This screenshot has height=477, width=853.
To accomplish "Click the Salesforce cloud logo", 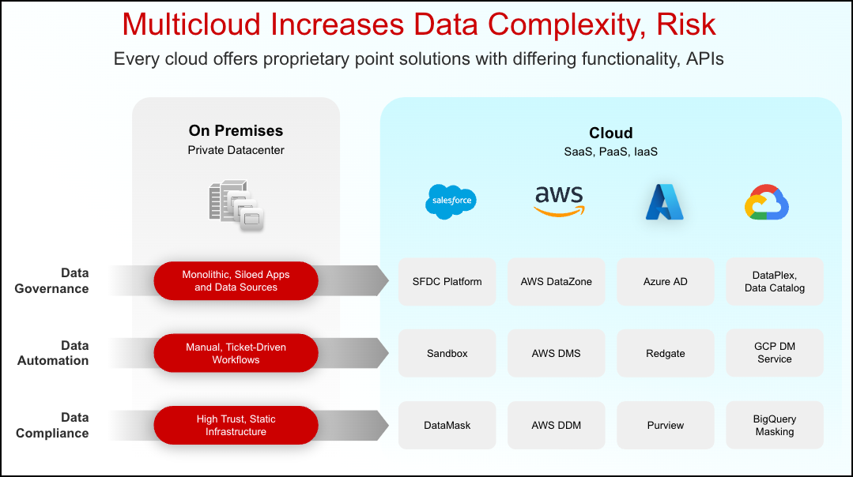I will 451,201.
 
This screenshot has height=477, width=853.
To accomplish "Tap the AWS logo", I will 558,201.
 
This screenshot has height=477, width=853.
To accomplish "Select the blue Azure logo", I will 664,202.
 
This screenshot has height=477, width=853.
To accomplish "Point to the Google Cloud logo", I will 767,202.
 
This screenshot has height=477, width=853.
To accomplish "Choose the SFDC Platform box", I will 447,282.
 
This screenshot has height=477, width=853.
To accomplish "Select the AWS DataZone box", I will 557,282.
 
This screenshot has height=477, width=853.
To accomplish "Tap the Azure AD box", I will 666,282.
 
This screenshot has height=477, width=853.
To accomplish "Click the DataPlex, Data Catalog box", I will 775,282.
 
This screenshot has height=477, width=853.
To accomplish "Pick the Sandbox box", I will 447,353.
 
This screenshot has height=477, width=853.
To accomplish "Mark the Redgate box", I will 666,353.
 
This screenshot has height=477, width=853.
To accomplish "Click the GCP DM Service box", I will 775,353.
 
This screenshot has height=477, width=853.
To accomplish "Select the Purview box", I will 666,426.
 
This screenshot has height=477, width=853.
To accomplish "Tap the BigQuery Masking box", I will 775,426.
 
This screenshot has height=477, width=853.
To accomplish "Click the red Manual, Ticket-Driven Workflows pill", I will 236,353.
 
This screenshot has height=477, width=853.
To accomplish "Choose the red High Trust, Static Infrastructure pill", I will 236,426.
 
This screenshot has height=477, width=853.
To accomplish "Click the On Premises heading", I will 236,131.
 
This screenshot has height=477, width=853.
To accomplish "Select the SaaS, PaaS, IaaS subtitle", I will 610,152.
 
